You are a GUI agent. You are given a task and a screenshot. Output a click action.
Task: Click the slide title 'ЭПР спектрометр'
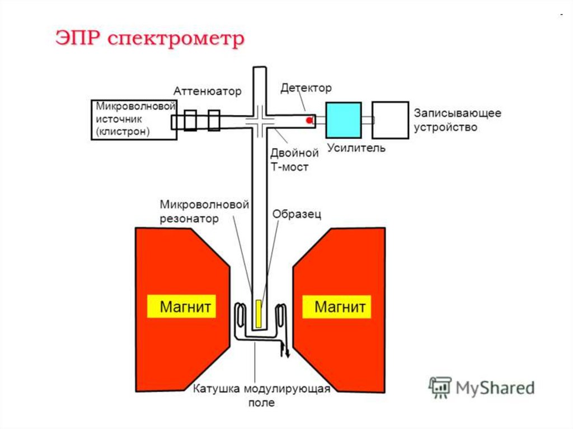pyautogui.click(x=149, y=40)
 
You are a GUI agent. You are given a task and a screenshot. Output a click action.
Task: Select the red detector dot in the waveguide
pyautogui.click(x=308, y=120)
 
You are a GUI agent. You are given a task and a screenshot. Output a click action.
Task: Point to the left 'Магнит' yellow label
pyautogui.click(x=181, y=307)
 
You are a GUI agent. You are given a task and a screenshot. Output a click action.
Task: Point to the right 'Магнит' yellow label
pyautogui.click(x=336, y=307)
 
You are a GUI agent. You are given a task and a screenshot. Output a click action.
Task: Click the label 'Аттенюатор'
pyautogui.click(x=207, y=91)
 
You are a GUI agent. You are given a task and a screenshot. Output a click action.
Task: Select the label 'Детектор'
pyautogui.click(x=306, y=88)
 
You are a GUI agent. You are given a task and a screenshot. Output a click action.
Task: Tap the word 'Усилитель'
pyautogui.click(x=356, y=148)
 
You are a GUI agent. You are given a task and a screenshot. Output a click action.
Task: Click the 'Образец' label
pyautogui.click(x=297, y=214)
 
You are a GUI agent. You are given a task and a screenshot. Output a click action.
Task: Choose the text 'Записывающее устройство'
pyautogui.click(x=457, y=120)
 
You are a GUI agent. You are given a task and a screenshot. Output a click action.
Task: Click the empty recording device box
pyautogui.click(x=390, y=120)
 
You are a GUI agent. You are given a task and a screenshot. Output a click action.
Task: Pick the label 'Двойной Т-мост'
pyautogui.click(x=294, y=159)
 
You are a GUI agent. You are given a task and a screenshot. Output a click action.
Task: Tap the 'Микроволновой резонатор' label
pyautogui.click(x=204, y=211)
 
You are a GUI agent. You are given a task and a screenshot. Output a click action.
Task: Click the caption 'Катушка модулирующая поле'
pyautogui.click(x=262, y=395)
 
